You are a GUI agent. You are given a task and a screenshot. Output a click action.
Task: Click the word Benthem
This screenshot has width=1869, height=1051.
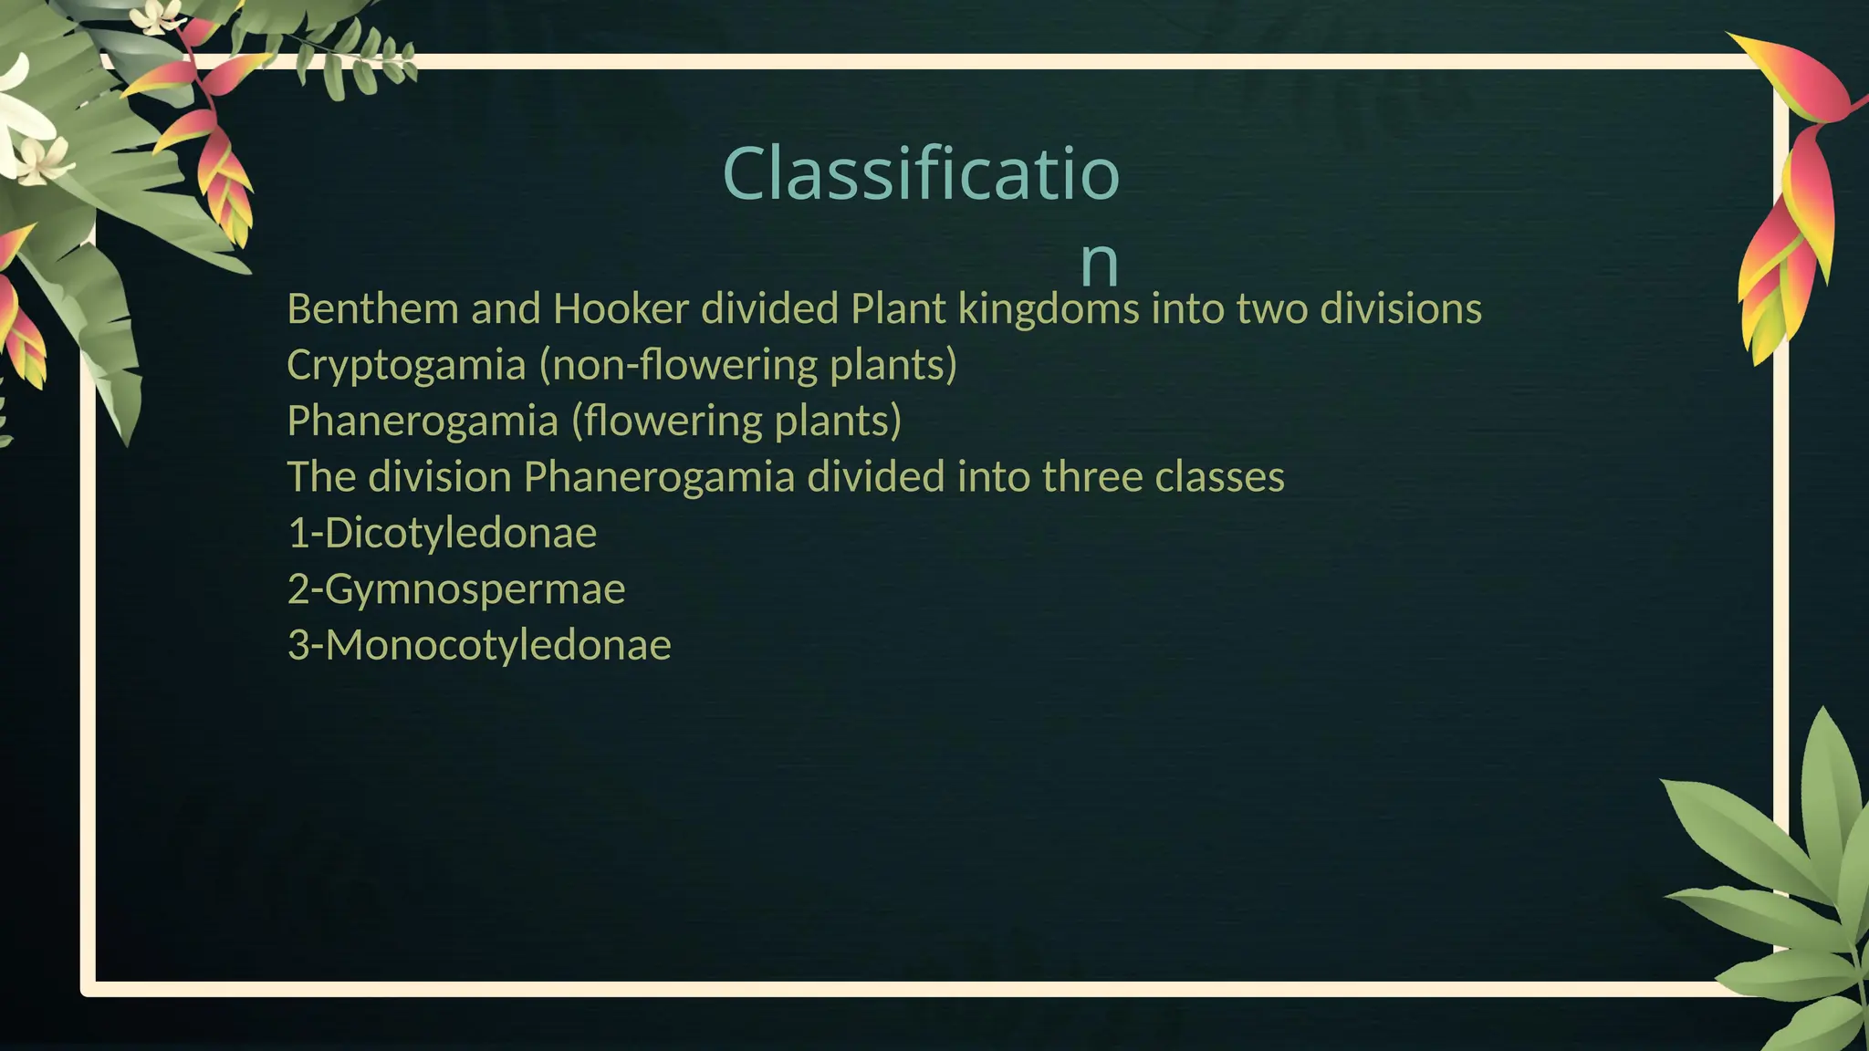[372, 309]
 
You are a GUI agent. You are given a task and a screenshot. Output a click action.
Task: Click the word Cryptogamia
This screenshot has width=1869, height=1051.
[406, 366]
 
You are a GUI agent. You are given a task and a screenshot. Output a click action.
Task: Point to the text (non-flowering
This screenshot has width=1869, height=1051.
[677, 365]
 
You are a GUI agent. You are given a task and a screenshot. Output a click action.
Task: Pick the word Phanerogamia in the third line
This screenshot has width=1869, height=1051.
[423, 421]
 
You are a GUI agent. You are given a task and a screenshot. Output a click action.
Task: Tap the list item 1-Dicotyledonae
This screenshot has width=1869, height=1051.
[442, 534]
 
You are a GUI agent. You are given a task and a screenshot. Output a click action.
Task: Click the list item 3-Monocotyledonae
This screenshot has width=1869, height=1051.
[479, 645]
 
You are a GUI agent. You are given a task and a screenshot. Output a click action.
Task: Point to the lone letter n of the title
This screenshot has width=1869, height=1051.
[1099, 263]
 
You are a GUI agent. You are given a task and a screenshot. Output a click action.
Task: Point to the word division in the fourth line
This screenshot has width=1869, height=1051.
[452, 477]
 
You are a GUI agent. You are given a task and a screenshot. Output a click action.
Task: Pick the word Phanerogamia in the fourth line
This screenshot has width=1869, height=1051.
[659, 477]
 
